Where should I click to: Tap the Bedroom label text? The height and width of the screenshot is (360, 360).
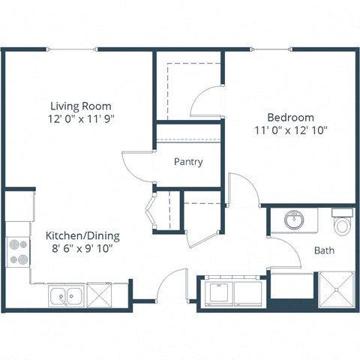point(290,117)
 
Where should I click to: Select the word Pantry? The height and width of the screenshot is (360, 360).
point(187,161)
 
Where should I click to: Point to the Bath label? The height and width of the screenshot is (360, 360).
point(324,250)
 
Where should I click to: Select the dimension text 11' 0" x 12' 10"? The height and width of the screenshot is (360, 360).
point(290,130)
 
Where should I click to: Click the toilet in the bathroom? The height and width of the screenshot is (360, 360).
point(342,223)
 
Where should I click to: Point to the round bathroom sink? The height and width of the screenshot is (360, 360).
point(294,221)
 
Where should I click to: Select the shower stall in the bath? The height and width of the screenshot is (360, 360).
point(337,291)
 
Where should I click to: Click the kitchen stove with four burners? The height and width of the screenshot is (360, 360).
point(18,251)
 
